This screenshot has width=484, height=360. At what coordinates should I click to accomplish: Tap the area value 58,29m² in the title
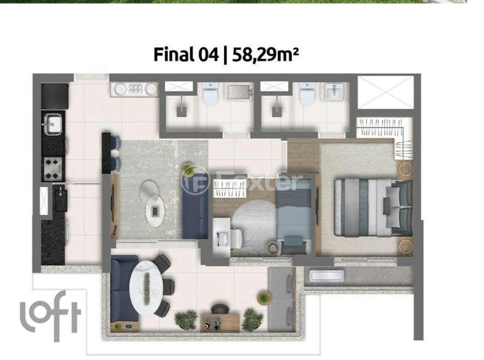(x=265, y=55)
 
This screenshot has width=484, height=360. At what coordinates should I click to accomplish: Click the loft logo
(x=50, y=316)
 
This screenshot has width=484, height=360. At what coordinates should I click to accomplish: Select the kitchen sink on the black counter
(x=53, y=124)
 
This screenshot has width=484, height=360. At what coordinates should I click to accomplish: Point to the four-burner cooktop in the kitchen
(x=52, y=169)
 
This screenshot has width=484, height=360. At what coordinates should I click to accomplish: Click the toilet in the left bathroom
(x=211, y=94)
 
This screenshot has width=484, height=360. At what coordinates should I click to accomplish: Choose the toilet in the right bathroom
(x=307, y=94)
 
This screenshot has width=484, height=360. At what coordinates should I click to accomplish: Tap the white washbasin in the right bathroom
(x=334, y=92)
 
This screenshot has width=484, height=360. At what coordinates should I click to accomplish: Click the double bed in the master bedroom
(x=373, y=207)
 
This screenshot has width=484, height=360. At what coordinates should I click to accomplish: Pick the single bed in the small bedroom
(x=294, y=217)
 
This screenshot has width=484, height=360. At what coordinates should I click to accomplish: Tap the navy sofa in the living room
(x=195, y=206)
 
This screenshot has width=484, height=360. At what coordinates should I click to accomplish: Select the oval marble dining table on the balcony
(x=146, y=288)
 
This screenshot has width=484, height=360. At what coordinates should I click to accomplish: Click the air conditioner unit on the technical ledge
(x=327, y=276)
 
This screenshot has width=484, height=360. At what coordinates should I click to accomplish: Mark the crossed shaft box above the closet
(x=386, y=92)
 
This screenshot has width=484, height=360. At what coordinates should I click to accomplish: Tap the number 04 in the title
(x=208, y=55)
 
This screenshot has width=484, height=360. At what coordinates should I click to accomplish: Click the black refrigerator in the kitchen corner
(x=55, y=96)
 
